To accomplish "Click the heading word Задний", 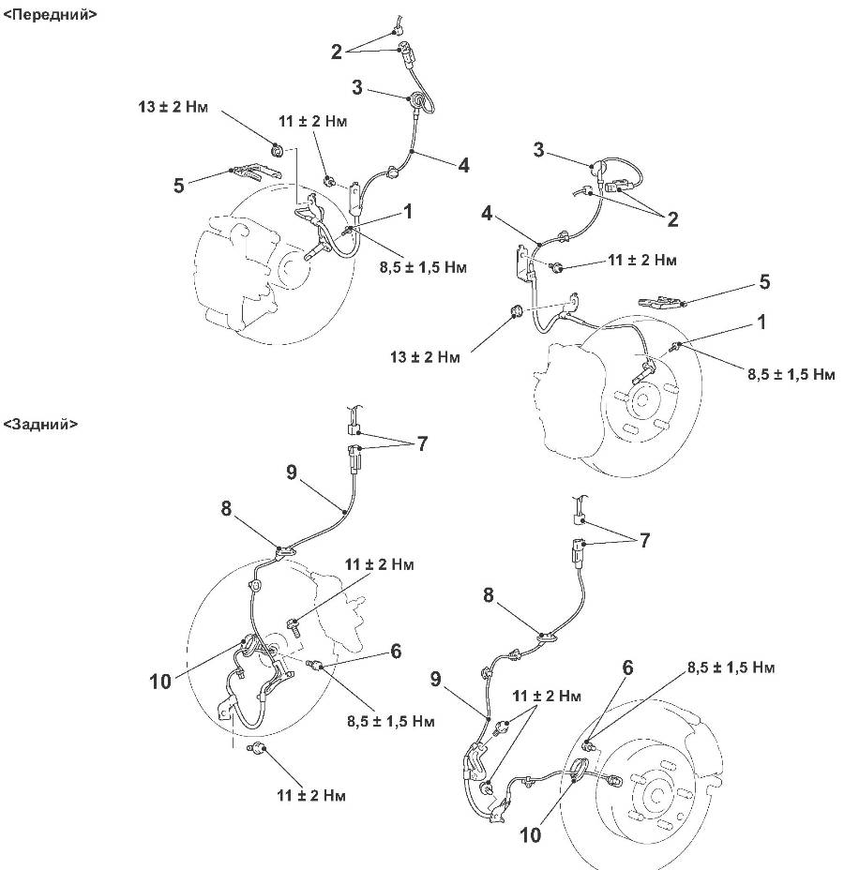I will tap(41, 424).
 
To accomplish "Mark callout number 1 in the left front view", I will tap(408, 213).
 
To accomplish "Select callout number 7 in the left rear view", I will tap(422, 443).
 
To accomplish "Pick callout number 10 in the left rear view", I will tap(160, 681).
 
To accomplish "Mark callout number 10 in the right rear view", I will tap(531, 832).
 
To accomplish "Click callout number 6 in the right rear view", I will tap(627, 667).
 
